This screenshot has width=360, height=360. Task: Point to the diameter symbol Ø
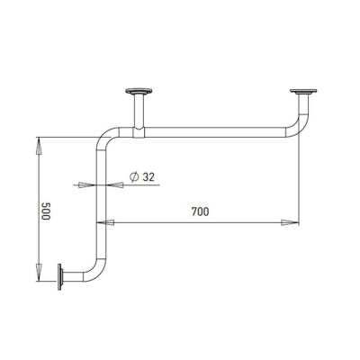(132, 176)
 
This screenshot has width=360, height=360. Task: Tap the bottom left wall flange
(60, 277)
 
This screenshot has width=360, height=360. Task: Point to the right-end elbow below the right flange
(296, 124)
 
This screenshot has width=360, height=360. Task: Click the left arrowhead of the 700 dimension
(113, 221)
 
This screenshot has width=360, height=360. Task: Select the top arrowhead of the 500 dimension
(38, 141)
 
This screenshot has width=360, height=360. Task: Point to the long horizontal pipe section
(216, 132)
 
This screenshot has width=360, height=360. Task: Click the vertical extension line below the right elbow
(297, 180)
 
